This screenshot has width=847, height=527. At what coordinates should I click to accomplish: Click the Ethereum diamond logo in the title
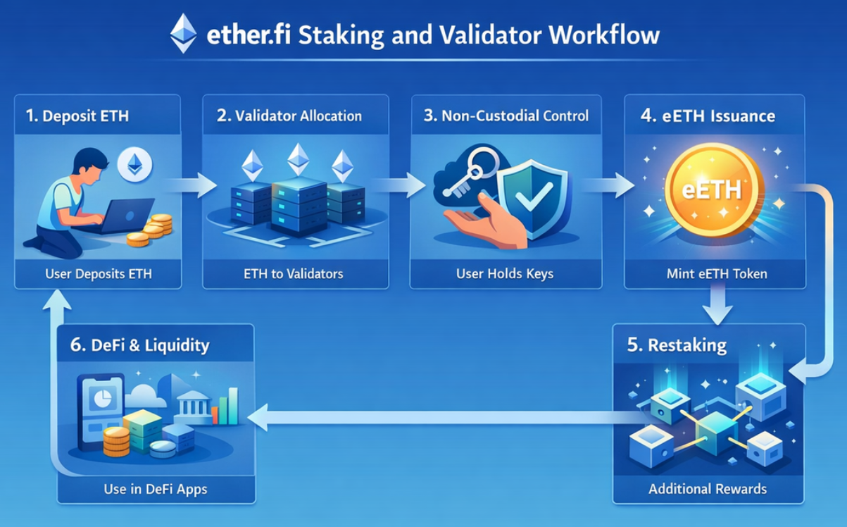tap(184, 34)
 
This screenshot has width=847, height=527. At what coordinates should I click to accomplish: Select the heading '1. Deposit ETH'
tap(77, 116)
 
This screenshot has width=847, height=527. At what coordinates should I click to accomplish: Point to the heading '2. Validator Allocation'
tap(289, 116)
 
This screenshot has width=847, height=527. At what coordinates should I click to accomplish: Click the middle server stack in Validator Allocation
tap(298, 204)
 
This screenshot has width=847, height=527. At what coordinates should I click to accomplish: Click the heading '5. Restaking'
tap(677, 345)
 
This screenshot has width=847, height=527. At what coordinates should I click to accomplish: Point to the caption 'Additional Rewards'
tap(708, 488)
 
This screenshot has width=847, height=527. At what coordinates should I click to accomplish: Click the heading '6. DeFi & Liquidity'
tap(140, 345)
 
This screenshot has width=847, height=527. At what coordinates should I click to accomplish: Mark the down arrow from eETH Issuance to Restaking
tap(718, 308)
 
